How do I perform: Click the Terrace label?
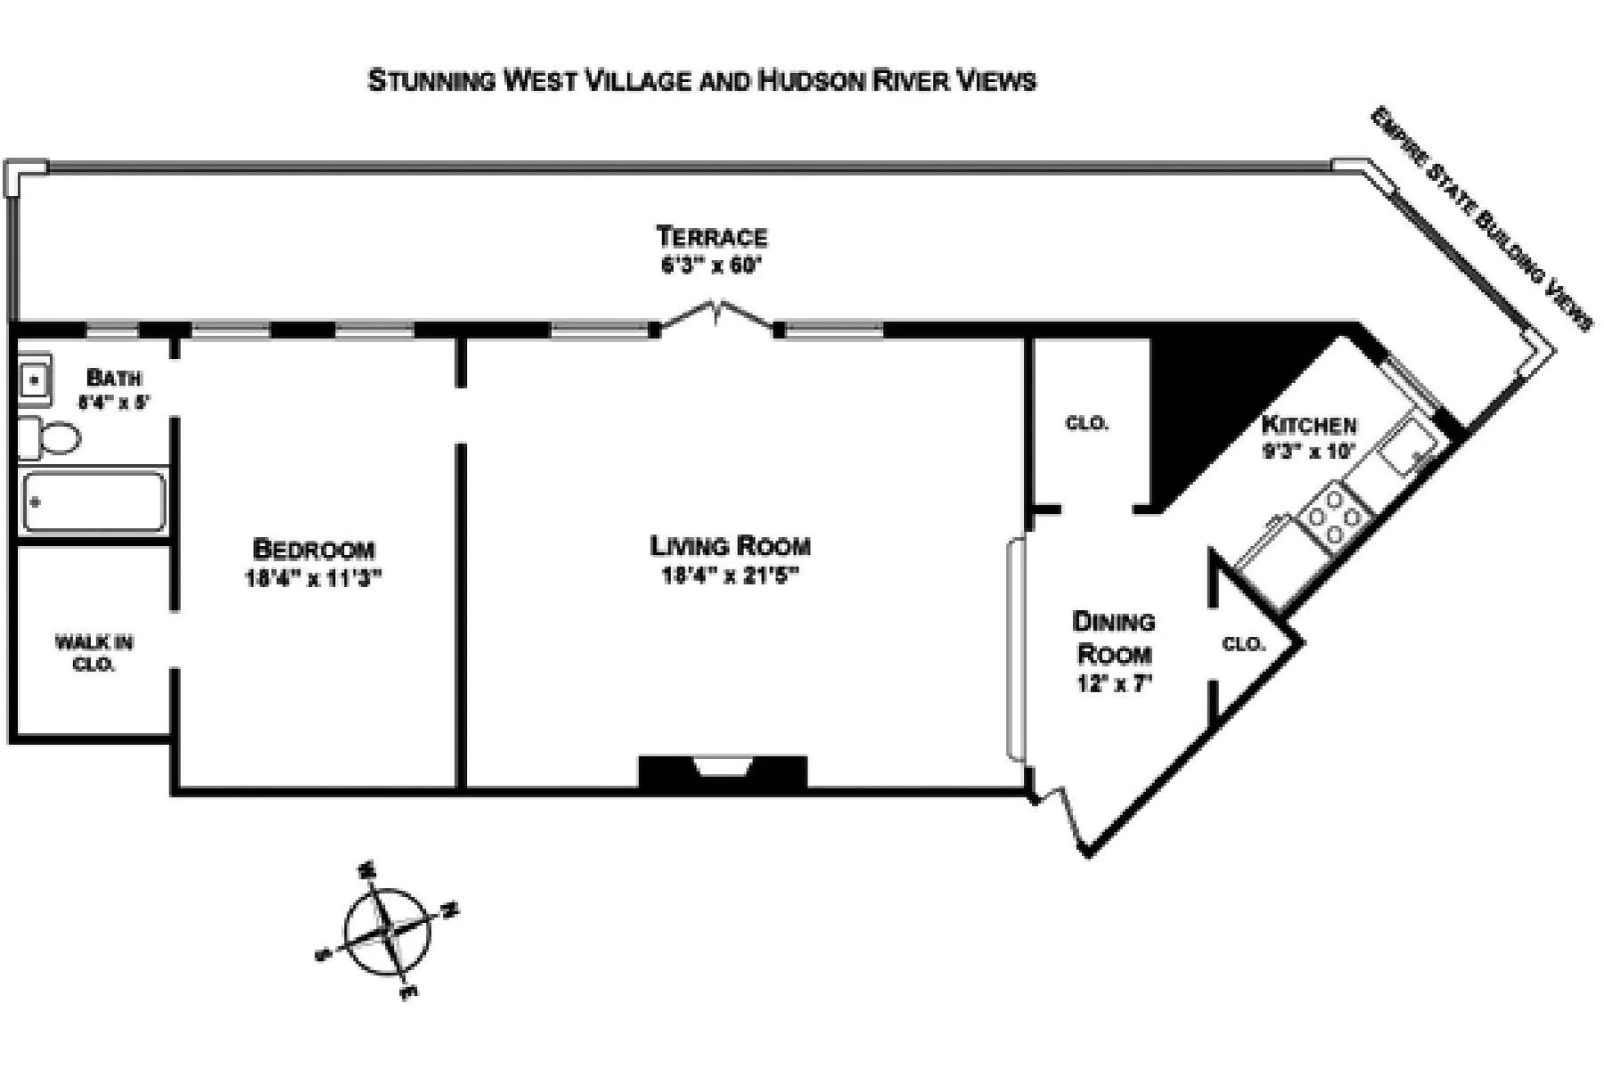point(711,237)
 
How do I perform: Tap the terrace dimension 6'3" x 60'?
point(711,266)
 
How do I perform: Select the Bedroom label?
point(314,549)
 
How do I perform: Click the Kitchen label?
point(1309,425)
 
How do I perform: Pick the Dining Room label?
point(1114,638)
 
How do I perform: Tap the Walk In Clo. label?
point(94,653)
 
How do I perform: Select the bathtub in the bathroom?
point(94,502)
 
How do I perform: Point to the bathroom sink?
point(35,380)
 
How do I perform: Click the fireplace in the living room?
point(723,771)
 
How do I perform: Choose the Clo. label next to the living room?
point(1087,423)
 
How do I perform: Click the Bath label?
point(113,378)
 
